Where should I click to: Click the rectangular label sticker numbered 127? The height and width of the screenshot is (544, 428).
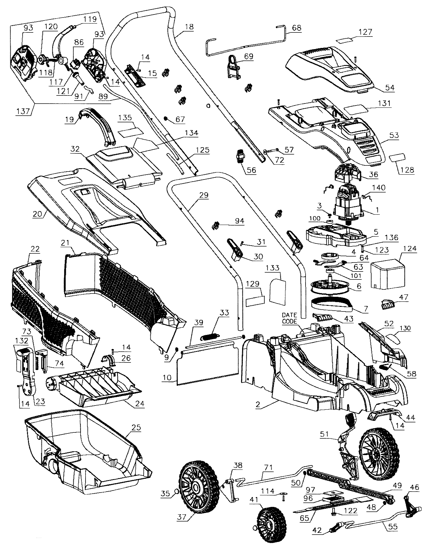point(345,39)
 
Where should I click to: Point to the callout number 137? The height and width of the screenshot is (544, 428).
point(24,111)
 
